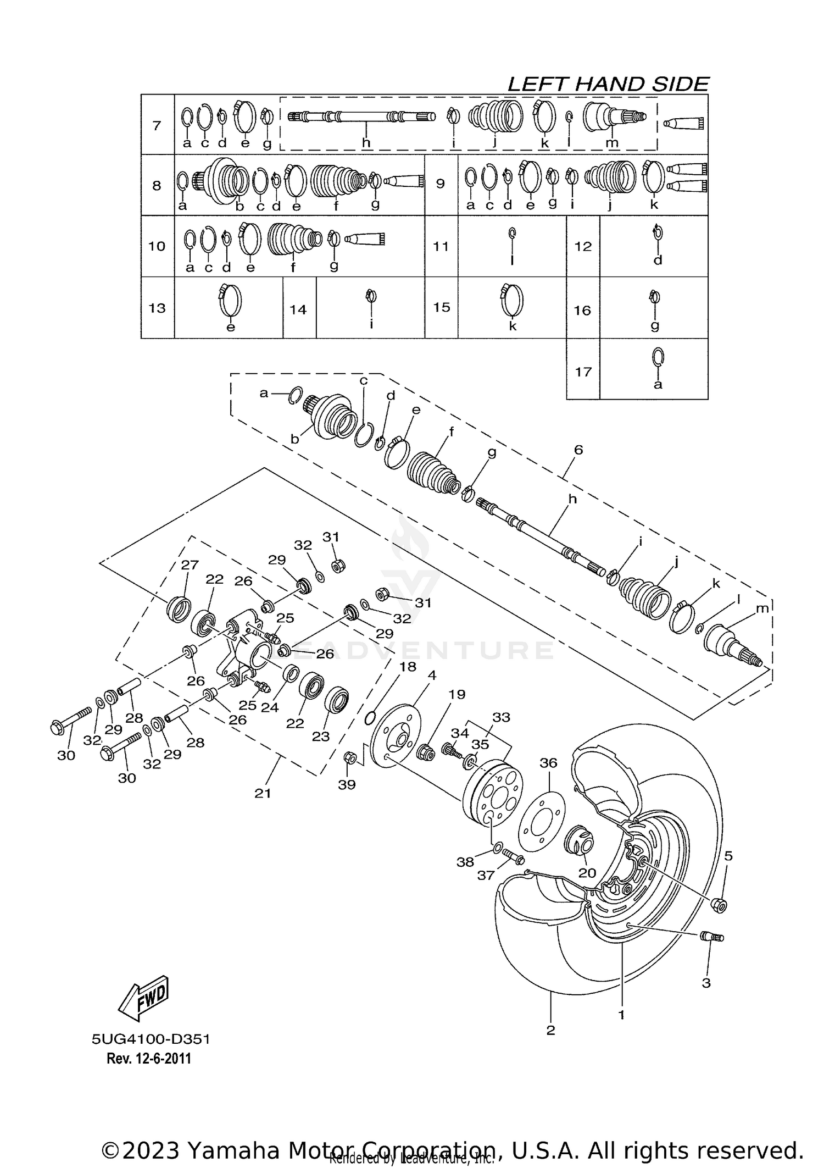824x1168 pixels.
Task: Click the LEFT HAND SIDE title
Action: tap(608, 84)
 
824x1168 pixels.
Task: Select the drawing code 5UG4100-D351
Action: tap(151, 1039)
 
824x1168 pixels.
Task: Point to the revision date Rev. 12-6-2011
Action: tap(149, 1059)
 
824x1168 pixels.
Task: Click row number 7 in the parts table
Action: tap(157, 125)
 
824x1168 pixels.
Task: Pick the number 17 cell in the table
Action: tap(583, 372)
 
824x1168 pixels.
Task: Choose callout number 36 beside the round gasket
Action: tap(548, 763)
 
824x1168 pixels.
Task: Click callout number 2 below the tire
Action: tap(551, 1030)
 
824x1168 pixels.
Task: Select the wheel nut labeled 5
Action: tap(719, 904)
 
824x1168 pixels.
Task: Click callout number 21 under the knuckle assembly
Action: tap(263, 793)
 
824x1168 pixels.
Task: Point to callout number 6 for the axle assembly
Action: tap(578, 450)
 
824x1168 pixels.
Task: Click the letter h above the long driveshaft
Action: tap(573, 499)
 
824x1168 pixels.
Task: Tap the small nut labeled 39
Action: tap(348, 759)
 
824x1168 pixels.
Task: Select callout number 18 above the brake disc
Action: tap(408, 667)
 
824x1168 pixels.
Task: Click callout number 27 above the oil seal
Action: tap(190, 565)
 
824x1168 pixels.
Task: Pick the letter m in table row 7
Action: tap(612, 143)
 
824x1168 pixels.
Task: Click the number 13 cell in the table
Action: tap(157, 307)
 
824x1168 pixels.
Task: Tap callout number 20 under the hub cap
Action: tap(587, 873)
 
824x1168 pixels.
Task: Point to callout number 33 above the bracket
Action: tap(501, 717)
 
